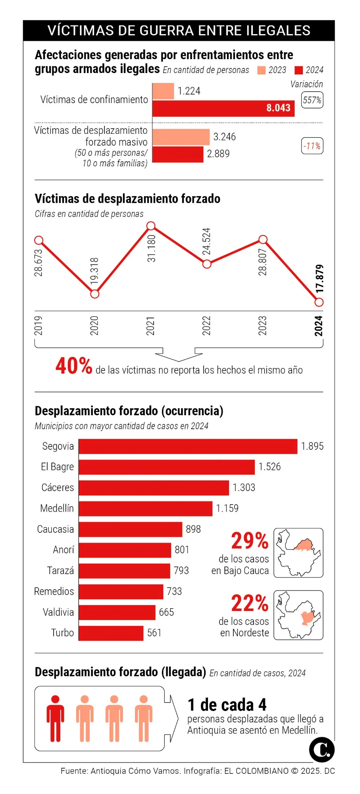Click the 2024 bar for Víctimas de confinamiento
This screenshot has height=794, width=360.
[223, 108]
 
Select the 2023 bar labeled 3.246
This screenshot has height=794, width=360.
[181, 137]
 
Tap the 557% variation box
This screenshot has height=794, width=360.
[312, 100]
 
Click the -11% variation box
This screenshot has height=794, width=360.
[312, 146]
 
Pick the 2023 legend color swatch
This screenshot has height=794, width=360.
[261, 70]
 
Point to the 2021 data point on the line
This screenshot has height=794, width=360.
[151, 226]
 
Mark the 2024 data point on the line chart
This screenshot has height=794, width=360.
[319, 303]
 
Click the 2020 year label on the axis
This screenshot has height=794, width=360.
[94, 326]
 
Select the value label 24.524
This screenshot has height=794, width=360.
[206, 241]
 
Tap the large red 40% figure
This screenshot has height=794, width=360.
[74, 366]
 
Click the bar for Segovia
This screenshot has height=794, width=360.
[188, 446]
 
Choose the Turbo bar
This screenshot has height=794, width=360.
[111, 633]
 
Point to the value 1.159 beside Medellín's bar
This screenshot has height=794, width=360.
[227, 509]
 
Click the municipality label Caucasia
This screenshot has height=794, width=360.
[56, 529]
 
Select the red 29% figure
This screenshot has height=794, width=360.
[250, 541]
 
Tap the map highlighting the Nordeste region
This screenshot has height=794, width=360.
[298, 615]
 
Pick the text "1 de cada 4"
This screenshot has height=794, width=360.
[227, 705]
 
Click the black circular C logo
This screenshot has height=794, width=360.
[321, 750]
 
